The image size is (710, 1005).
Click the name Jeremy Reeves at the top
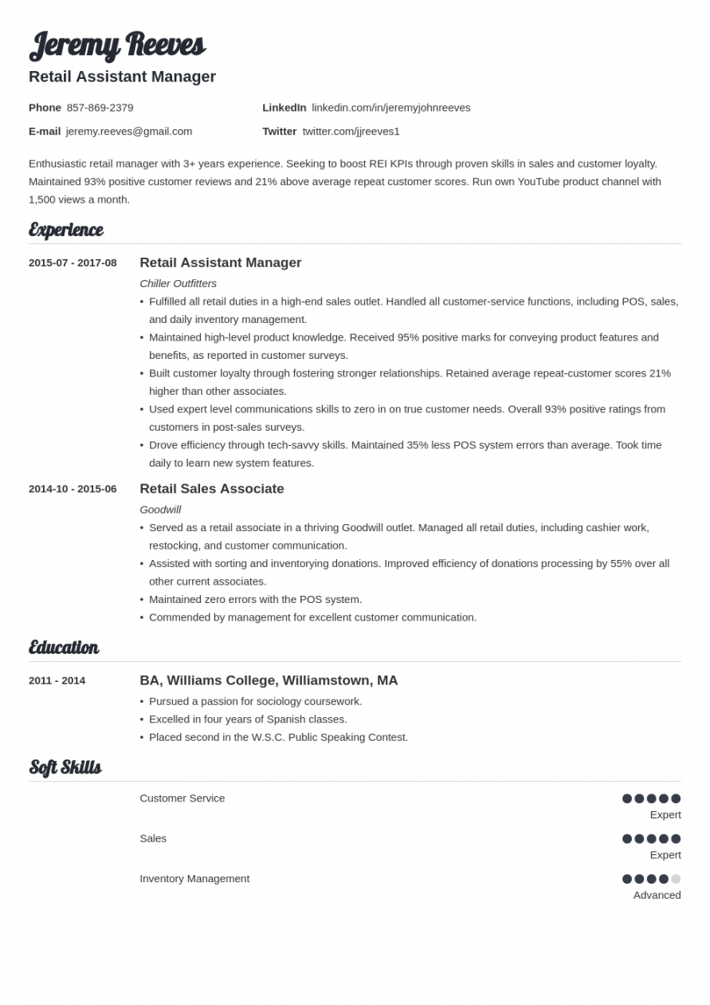(x=117, y=45)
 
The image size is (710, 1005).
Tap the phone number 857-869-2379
(x=100, y=108)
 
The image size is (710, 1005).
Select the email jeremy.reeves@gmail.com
(x=129, y=132)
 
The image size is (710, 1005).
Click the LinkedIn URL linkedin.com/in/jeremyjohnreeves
(x=390, y=108)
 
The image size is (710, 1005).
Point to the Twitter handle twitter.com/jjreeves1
(x=351, y=132)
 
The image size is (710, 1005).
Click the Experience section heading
(x=66, y=231)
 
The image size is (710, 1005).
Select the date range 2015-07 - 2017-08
(x=73, y=263)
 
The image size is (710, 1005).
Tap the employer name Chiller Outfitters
(x=178, y=283)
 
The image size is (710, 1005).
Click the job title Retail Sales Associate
(x=211, y=489)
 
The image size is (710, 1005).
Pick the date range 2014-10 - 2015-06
(x=73, y=489)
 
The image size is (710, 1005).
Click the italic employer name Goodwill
(x=160, y=510)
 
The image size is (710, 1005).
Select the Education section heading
(x=64, y=648)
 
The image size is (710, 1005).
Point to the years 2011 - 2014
(x=57, y=680)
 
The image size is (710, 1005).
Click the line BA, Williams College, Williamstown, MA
(x=269, y=680)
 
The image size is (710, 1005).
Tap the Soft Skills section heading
(x=65, y=767)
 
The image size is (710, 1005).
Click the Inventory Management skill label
(x=194, y=879)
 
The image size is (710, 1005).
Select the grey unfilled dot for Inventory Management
(x=676, y=879)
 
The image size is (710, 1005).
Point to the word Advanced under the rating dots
(x=657, y=895)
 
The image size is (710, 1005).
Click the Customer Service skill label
(x=182, y=798)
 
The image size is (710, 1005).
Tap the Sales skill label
(x=153, y=838)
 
